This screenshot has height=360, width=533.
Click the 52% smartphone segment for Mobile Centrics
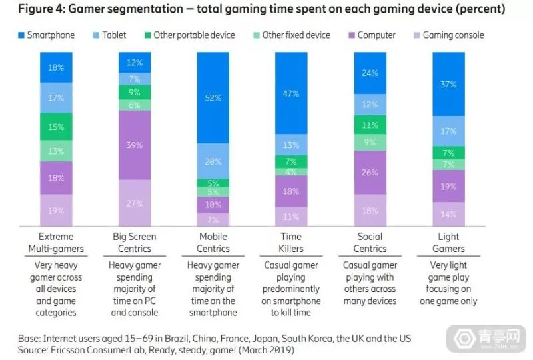pos(213,97)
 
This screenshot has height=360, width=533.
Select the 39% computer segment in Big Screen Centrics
pos(135,145)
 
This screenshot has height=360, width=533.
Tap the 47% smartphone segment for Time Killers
pos(292,93)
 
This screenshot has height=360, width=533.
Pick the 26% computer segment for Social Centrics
pos(370,172)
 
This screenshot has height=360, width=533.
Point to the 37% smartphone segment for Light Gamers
pos(449,84)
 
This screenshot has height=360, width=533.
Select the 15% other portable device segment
pos(56,127)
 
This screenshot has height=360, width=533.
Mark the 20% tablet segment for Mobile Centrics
pos(213,161)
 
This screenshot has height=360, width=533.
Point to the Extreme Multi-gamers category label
pos(56,243)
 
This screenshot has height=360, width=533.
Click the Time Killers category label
pos(292,243)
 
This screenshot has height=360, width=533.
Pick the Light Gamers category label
pos(449,243)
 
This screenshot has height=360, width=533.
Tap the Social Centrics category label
pos(370,243)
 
